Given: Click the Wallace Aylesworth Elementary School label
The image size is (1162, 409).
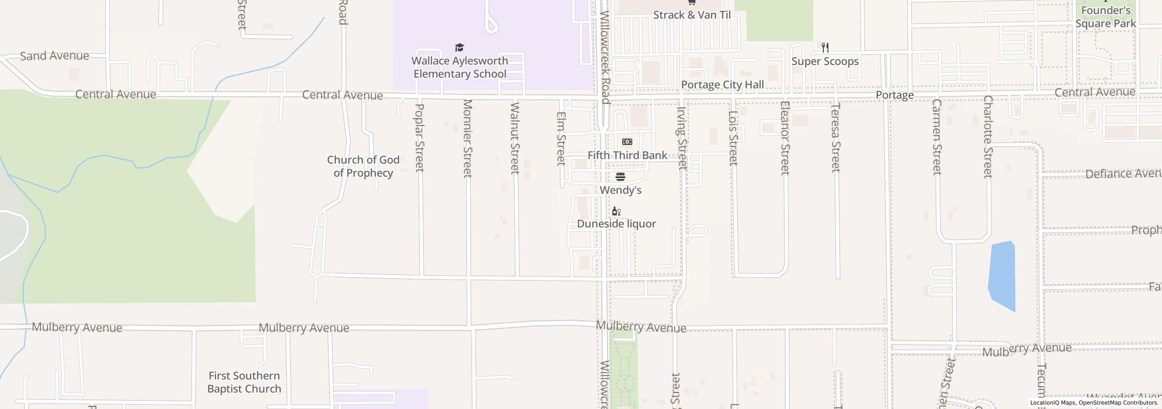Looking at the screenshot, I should tap(459, 67).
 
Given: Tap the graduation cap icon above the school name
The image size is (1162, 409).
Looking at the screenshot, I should tap(459, 48).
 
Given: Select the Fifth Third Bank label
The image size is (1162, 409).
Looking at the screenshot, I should tap(627, 155).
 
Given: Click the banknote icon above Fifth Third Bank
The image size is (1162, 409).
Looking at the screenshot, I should tap(627, 142).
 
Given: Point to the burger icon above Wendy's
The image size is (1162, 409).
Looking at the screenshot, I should tap(620, 176).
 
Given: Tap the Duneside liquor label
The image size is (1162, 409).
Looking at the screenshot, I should tap(616, 224).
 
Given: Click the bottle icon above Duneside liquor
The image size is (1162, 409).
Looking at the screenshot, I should tap(616, 211).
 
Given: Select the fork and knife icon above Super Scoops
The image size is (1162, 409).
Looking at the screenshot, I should tap(825, 47).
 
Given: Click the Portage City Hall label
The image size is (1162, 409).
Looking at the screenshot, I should tap(722, 85).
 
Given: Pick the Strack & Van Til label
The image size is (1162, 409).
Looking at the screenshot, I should tap(692, 15).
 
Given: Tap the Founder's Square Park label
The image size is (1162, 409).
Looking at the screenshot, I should tap(1105, 17).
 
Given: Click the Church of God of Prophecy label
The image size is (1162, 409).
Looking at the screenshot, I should tap(363, 166).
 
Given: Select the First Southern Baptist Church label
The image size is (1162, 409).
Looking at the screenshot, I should tap(244, 382).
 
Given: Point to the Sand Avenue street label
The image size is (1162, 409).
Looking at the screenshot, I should tap(54, 56).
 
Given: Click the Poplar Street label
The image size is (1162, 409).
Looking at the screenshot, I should tap(419, 138).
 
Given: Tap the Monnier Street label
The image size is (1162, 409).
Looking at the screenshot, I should tap(468, 138).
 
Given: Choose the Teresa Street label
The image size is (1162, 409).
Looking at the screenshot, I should tap(836, 138).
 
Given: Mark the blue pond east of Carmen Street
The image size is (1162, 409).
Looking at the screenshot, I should tap(1002, 275).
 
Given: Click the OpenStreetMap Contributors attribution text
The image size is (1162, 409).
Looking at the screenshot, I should tap(1118, 403).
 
